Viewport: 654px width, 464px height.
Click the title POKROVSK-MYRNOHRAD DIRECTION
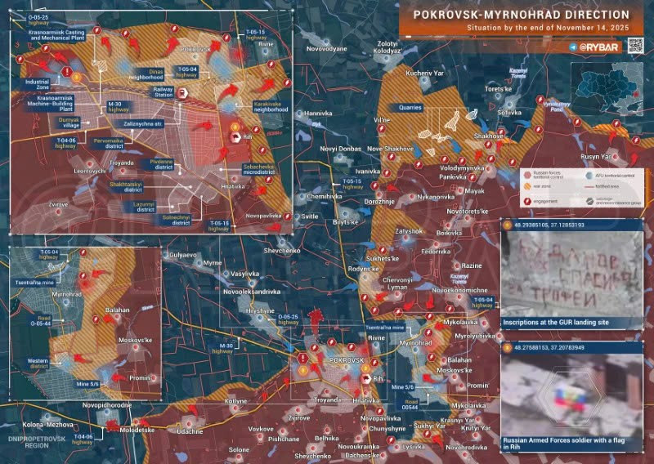(x=521, y=15)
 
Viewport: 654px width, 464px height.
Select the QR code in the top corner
(x=634, y=46)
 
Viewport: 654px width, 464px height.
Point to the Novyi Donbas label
(x=340, y=149)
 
